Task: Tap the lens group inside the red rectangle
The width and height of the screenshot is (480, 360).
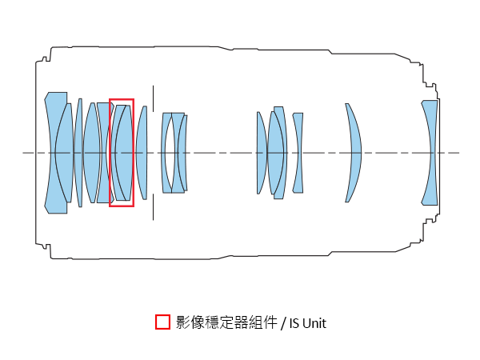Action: point(122,153)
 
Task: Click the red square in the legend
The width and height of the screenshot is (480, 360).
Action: point(162,322)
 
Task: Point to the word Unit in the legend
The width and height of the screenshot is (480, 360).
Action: point(314,323)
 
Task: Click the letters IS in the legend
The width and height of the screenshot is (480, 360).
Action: point(294,323)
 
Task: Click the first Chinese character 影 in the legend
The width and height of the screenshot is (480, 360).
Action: point(182,322)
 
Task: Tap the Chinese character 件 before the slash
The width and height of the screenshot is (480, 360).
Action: point(270,322)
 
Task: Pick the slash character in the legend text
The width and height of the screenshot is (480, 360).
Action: point(283,323)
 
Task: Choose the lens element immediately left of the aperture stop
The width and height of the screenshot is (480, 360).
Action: point(142,153)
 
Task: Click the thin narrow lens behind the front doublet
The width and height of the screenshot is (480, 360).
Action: point(78,153)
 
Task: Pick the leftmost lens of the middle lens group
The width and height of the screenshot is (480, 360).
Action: point(262,153)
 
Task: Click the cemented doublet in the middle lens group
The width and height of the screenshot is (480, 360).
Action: point(278,153)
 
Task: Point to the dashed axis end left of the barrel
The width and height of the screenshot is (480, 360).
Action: point(23,153)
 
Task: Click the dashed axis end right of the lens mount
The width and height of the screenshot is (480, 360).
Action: point(458,153)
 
